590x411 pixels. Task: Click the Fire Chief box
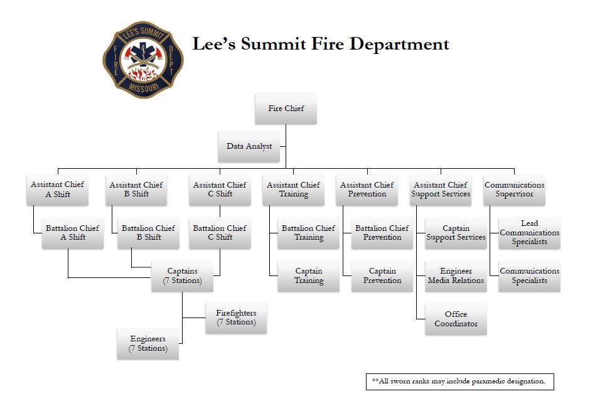(x=286, y=109)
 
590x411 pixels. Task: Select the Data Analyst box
(x=249, y=146)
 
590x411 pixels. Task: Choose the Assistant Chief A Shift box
(x=57, y=189)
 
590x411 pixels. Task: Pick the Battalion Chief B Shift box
(x=148, y=233)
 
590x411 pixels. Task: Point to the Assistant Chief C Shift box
(x=220, y=189)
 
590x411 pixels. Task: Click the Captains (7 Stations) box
(x=182, y=276)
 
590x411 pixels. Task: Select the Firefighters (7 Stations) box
(x=236, y=318)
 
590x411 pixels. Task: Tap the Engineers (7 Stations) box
(x=147, y=344)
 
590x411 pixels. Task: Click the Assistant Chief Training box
(x=293, y=189)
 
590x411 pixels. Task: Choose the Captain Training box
(x=308, y=276)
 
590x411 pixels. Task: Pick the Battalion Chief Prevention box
(x=382, y=233)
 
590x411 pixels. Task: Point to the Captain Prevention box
(x=382, y=276)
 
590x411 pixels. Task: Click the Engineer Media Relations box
(x=456, y=276)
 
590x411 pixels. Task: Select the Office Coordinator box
(x=456, y=319)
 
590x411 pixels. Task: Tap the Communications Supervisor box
(x=514, y=189)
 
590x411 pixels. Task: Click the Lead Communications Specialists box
(x=529, y=233)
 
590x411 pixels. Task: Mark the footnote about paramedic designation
(x=459, y=382)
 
